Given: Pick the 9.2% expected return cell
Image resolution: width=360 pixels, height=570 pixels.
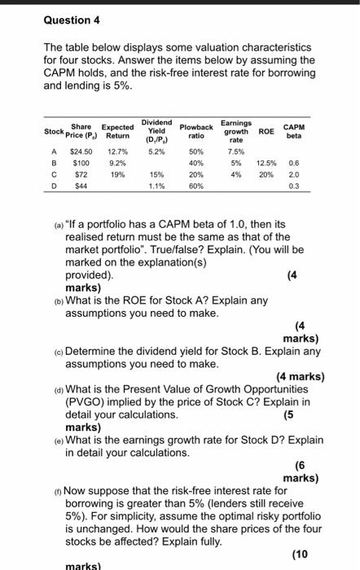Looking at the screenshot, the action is (x=117, y=161).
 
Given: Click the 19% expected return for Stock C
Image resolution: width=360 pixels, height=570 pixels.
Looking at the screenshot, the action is (x=117, y=173).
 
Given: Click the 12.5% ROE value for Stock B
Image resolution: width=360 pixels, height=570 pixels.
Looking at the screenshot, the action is (x=266, y=161).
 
